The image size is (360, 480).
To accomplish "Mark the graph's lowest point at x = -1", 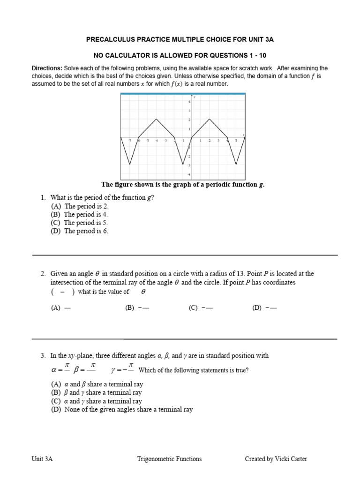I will pos(183,164).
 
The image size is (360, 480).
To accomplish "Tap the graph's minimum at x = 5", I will pos(236,164).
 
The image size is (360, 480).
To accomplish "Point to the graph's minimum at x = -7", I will pos(130,164).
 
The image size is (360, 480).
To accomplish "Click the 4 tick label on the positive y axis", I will pos(189,102).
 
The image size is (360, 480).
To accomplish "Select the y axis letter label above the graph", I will pos(194,97).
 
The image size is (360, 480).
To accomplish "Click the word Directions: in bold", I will pos(47,68).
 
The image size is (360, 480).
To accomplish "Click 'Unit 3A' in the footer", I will pos(42,459).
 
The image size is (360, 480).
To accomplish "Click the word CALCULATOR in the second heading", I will pos(135,55).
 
